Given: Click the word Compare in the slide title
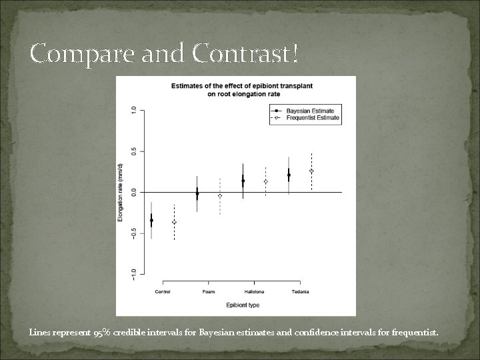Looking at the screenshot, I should (x=73, y=53).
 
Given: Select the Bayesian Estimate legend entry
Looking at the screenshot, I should (x=310, y=110).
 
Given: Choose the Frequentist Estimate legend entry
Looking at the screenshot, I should (x=313, y=118).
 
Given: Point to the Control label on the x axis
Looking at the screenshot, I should (x=162, y=291).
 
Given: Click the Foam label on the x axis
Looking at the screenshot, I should (x=209, y=291).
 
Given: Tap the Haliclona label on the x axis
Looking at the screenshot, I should (x=254, y=291).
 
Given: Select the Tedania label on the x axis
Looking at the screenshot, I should (x=300, y=291).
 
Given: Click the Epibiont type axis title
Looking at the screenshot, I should (x=242, y=305).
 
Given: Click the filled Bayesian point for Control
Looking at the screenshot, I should (x=151, y=220).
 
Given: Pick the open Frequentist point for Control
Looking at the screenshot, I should (x=174, y=222).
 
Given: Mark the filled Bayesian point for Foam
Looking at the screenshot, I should (x=197, y=194).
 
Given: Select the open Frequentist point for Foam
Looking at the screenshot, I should (x=220, y=196).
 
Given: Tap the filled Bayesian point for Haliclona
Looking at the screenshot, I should (x=243, y=181).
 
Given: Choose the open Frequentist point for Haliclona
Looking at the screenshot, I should (x=265, y=181).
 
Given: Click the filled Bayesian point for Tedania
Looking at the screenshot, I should (x=289, y=175).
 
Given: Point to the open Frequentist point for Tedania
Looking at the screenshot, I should (x=311, y=171).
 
